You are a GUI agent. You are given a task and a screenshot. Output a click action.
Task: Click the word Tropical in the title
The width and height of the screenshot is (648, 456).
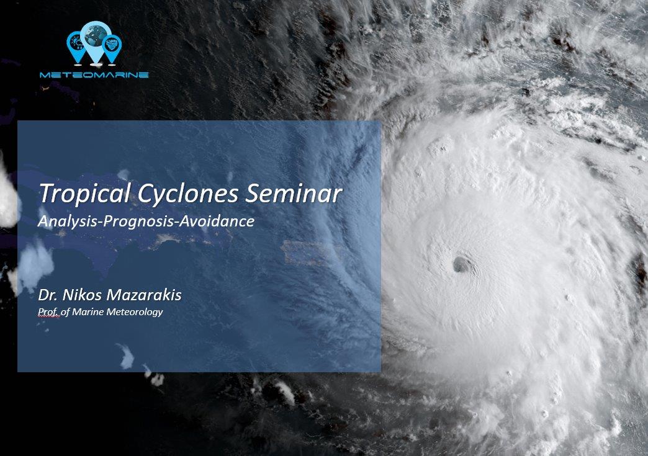[x=84, y=194]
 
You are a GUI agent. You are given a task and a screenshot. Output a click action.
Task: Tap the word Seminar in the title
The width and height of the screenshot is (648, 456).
[x=294, y=193]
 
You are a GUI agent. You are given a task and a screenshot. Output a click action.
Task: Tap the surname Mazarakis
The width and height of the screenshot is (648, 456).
[x=144, y=295]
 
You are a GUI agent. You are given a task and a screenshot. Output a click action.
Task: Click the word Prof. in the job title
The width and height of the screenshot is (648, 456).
[x=48, y=312]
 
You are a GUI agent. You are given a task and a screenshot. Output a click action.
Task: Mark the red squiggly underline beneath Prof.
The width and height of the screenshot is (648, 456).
[x=48, y=317]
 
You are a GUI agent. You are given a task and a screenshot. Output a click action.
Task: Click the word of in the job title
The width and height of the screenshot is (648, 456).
[x=65, y=312]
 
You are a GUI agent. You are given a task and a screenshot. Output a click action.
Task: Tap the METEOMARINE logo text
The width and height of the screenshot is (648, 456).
[x=94, y=75]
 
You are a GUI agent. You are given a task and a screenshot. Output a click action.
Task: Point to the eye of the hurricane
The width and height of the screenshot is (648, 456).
[x=461, y=264]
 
